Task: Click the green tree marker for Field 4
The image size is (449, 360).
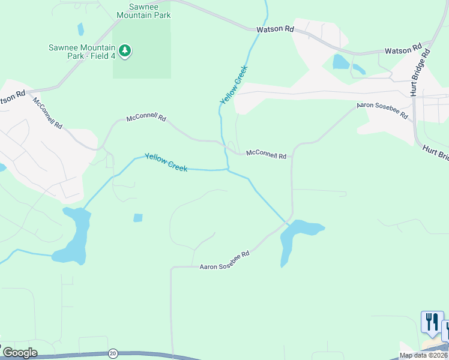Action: [125, 51]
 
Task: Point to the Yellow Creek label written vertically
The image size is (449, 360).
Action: [234, 85]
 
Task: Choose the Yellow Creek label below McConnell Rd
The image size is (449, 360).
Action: [166, 161]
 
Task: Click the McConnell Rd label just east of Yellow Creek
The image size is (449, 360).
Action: [266, 155]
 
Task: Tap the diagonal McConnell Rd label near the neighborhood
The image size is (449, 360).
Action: [48, 113]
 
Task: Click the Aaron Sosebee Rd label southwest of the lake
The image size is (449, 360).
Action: [224, 260]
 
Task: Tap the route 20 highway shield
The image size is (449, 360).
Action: [112, 353]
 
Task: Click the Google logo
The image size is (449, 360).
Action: [20, 353]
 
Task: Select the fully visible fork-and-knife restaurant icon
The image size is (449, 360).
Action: [432, 322]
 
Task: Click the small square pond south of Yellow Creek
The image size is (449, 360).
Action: [138, 218]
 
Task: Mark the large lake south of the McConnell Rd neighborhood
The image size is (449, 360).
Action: [75, 237]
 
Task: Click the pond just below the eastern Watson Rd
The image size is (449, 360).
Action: [341, 62]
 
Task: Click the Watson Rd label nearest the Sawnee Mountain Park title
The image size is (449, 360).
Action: [276, 29]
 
